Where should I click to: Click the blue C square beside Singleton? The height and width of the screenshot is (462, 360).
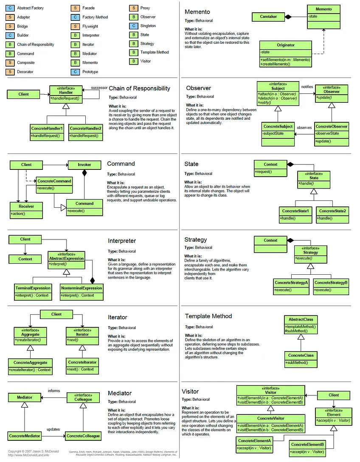pos(134,26)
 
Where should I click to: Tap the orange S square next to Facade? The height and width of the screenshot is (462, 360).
pos(75,8)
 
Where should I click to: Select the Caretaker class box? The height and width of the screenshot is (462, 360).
pos(266,17)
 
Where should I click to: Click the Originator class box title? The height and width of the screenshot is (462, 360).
pos(286,45)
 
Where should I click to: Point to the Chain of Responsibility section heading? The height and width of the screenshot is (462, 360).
pos(140,88)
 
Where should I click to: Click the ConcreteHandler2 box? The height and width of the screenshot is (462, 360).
pos(86,128)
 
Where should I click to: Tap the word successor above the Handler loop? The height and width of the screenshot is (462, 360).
pos(99,87)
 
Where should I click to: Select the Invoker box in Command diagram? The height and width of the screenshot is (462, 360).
pos(84,165)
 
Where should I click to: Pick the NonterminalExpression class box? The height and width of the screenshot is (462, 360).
pos(81,288)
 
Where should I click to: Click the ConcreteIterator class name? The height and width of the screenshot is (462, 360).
pos(82,362)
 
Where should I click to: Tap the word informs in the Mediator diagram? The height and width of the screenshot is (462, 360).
pos(54,390)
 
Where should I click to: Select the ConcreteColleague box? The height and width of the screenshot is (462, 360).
pos(83,436)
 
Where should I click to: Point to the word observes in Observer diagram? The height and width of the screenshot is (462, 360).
pos(304,127)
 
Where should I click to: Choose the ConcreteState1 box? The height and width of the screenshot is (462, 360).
pos(295,211)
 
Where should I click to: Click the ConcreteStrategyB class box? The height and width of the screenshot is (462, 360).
pos(331,283)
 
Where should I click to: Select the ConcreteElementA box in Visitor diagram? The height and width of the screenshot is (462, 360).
pos(255,441)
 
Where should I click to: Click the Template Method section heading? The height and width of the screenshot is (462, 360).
pos(208,316)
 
